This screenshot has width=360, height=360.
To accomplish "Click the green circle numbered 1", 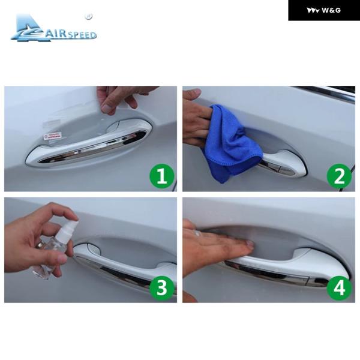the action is click(162, 176).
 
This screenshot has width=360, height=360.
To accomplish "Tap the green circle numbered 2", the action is click(340, 176).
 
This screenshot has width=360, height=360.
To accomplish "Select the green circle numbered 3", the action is click(162, 287).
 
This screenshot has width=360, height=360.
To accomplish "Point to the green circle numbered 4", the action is click(340, 287).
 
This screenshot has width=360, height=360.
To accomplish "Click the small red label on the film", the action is click(53, 136).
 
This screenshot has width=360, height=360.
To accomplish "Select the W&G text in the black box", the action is click(331, 10).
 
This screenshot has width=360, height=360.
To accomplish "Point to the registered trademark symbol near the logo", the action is click(88, 17).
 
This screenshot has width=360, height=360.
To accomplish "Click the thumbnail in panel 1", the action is click(107, 109).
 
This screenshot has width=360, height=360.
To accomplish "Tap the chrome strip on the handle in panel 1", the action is click(92, 147).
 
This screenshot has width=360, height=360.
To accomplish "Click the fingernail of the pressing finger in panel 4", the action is click(250, 245).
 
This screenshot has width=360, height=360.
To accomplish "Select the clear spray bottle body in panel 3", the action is click(49, 257).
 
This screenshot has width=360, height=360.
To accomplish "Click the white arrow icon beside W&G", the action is click(313, 10).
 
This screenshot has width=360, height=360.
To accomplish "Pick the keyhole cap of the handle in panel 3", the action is click(93, 249).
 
